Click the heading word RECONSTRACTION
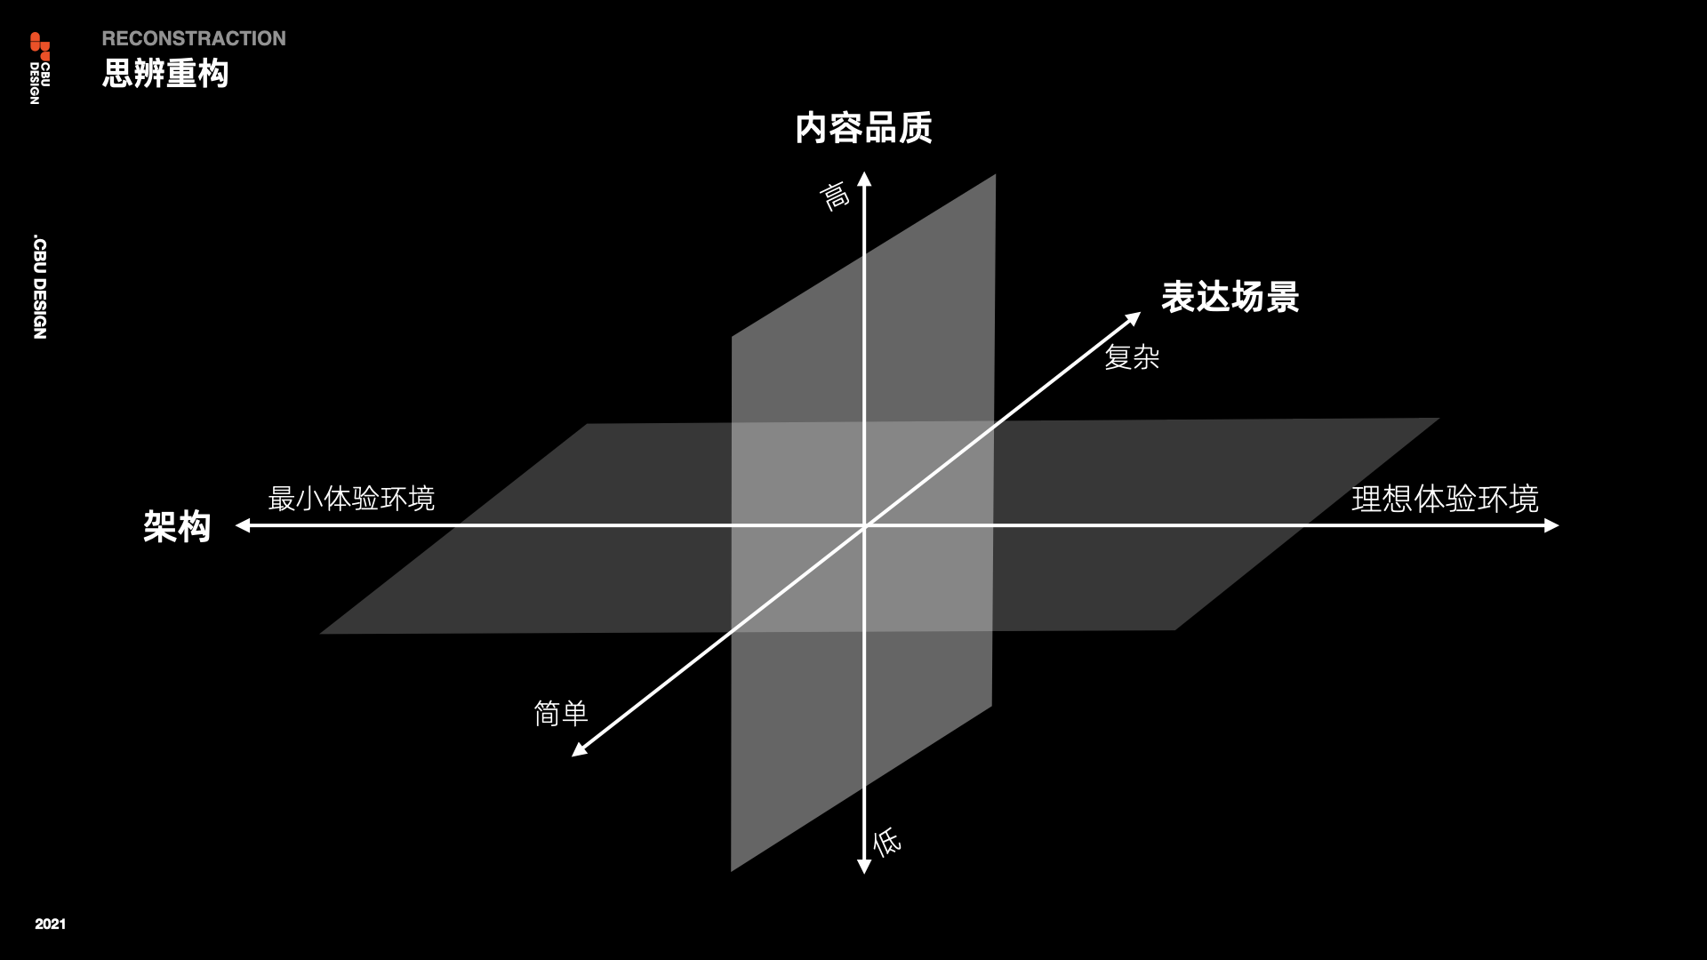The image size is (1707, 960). click(x=194, y=38)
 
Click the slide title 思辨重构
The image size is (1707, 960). click(x=165, y=73)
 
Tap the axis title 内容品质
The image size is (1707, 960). click(x=863, y=128)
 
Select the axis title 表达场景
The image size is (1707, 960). click(x=1230, y=297)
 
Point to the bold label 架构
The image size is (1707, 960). click(x=177, y=526)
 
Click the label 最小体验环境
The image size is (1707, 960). click(x=351, y=498)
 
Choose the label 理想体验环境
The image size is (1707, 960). click(x=1445, y=499)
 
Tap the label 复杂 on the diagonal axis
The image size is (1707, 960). click(x=1132, y=357)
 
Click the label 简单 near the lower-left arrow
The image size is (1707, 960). click(x=561, y=713)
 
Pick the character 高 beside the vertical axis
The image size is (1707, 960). click(x=834, y=196)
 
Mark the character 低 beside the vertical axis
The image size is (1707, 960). click(x=886, y=841)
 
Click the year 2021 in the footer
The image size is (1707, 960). click(x=51, y=924)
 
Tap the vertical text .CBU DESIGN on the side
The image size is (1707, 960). click(x=40, y=287)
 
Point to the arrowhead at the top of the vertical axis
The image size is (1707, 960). click(x=864, y=179)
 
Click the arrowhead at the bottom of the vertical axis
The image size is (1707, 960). click(x=864, y=867)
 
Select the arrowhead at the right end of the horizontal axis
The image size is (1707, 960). click(x=1551, y=525)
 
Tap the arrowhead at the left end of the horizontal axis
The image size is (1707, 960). click(x=243, y=525)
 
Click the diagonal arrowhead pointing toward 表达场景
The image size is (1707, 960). click(x=1134, y=318)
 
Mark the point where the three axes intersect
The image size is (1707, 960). click(x=864, y=526)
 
